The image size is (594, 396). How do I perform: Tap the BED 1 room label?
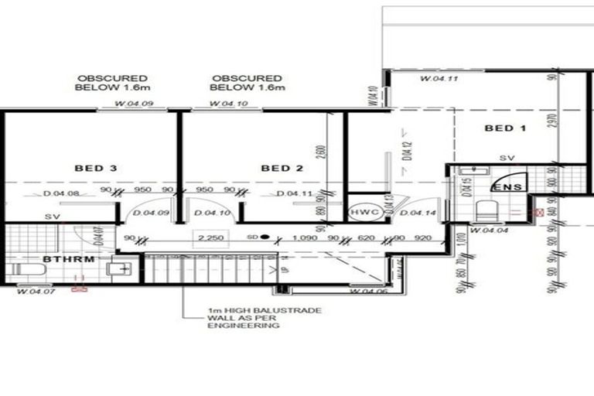pos(505,128)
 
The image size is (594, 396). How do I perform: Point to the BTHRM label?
pos(70,259)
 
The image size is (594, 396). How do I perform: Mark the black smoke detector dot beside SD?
pos(265,237)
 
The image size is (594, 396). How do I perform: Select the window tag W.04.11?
pos(439,80)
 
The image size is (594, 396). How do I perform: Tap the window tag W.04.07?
pos(34,292)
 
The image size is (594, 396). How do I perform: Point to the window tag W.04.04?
pos(487,230)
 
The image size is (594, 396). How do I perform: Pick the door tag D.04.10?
pos(210,213)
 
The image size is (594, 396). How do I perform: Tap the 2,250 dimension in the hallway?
pos(209,238)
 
